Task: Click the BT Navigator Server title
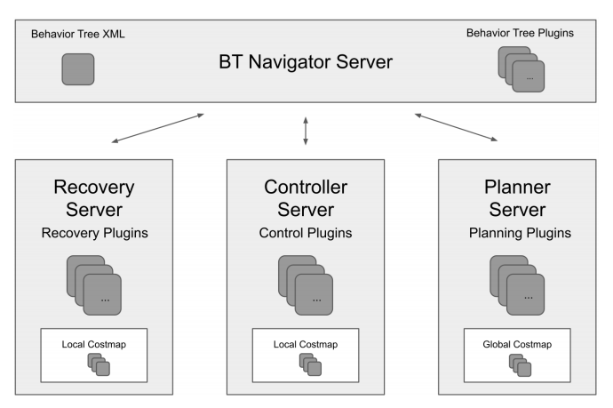point(306,63)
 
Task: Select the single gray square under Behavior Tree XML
point(77,69)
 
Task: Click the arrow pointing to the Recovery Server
point(158,127)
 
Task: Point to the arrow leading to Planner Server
point(456,127)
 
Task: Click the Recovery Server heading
point(94,198)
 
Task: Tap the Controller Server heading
point(306,198)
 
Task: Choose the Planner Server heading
point(517,198)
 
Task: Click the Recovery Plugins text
point(94,234)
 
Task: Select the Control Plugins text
point(306,234)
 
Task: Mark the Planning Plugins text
point(517,234)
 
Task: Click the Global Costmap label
point(517,343)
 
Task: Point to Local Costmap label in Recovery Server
point(94,343)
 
